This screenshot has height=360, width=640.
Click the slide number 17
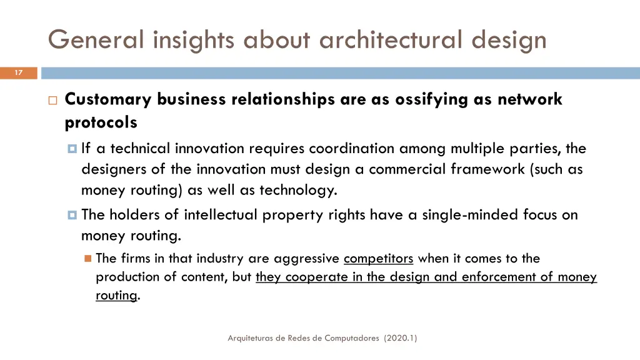coord(19,73)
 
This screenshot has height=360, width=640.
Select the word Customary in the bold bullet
coord(107,99)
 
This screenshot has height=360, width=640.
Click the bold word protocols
coord(101,123)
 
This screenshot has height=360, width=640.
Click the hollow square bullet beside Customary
coord(52,100)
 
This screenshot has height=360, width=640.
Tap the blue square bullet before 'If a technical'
coord(72,149)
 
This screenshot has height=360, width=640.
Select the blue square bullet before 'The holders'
coord(72,215)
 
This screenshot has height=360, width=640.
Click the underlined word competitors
coord(378,259)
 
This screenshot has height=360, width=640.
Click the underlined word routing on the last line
coord(116,296)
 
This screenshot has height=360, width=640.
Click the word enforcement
coord(502,277)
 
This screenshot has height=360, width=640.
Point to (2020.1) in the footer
coord(401,338)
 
